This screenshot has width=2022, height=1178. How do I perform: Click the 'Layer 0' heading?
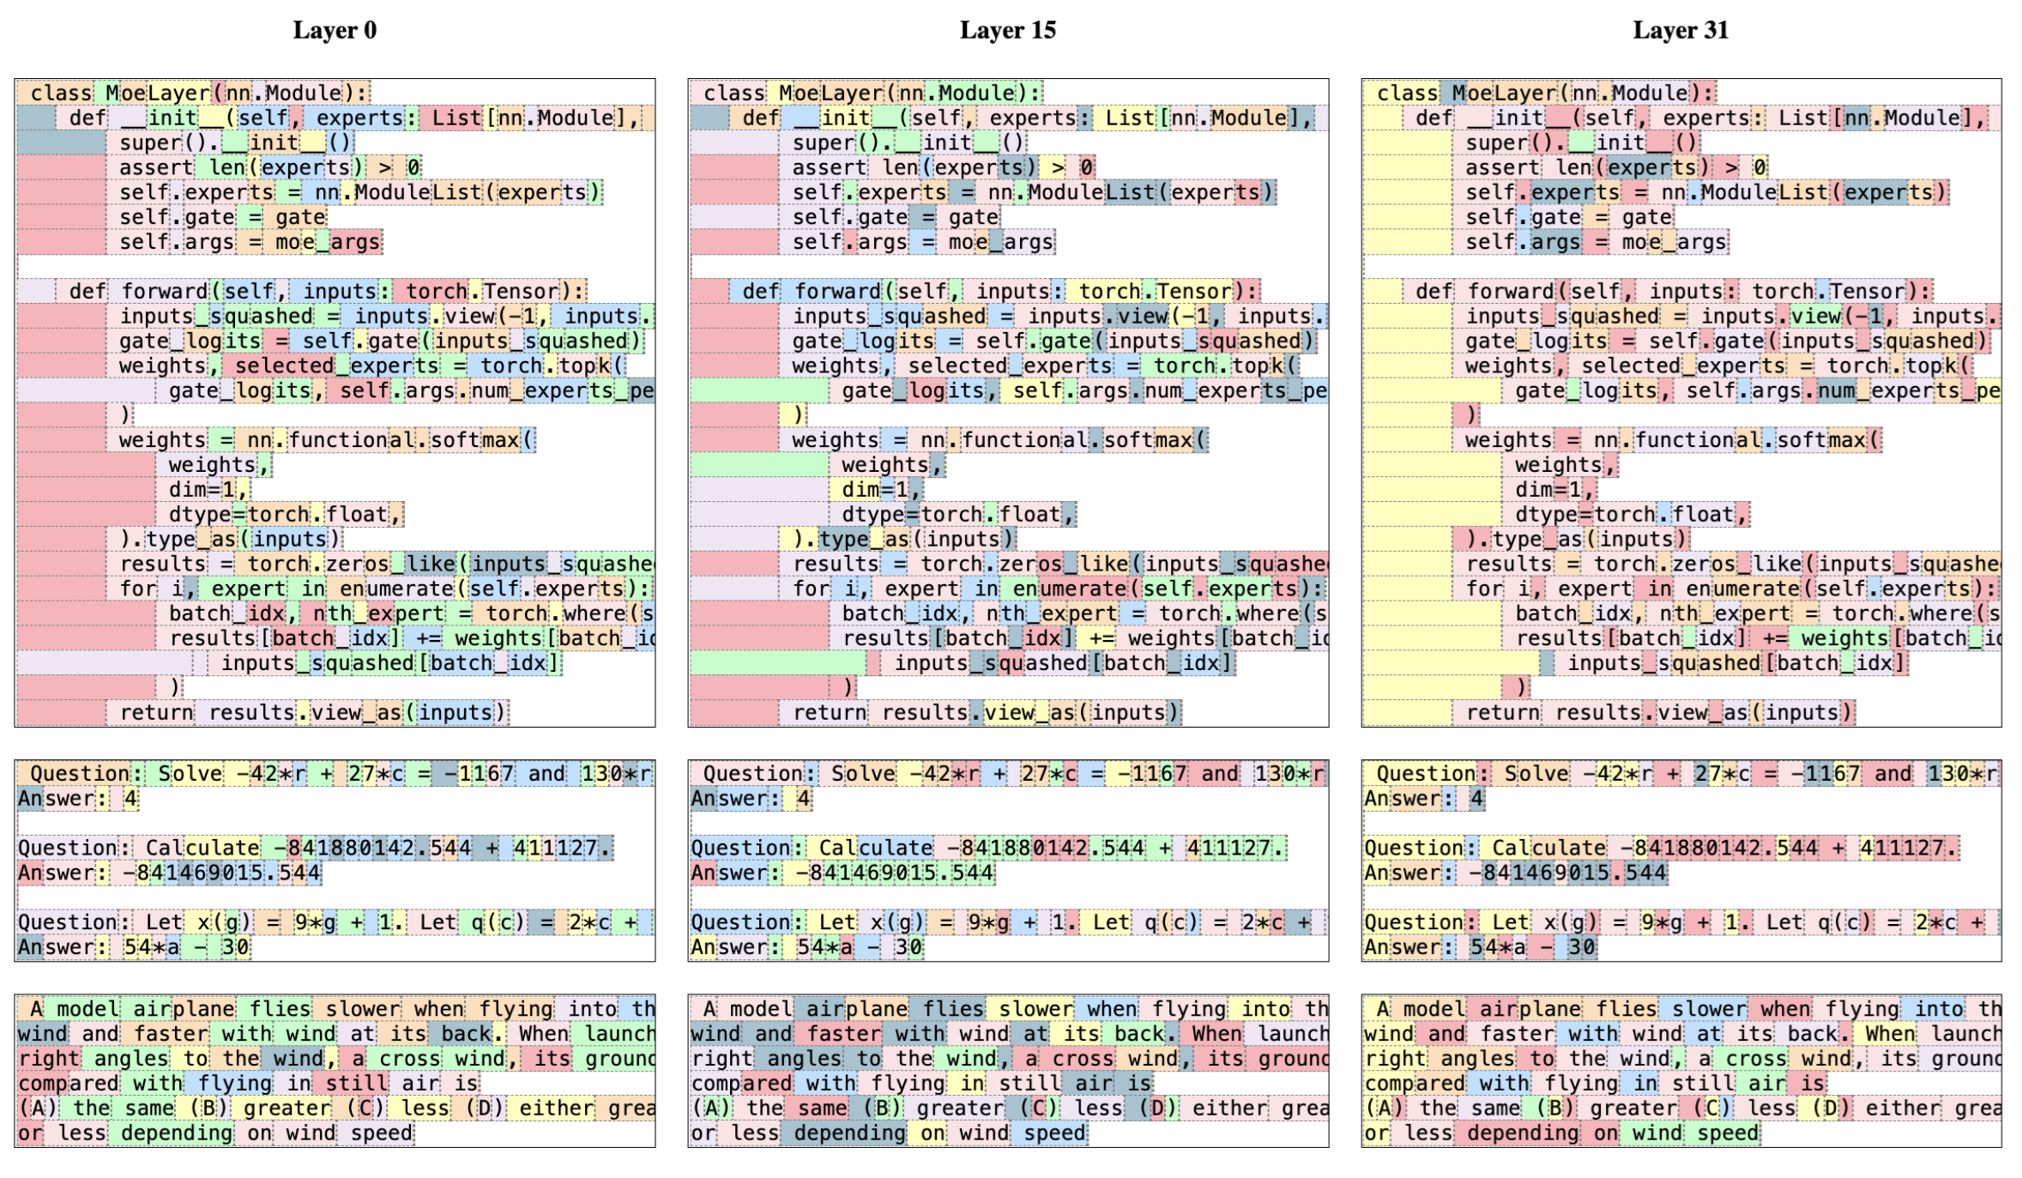pos(335,30)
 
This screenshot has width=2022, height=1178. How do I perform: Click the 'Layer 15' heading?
pos(1007,30)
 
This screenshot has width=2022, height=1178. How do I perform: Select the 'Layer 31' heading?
pos(1680,30)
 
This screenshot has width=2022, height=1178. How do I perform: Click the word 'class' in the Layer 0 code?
pos(61,93)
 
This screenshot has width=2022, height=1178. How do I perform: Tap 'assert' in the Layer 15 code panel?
pos(829,167)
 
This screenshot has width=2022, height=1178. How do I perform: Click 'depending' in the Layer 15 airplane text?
pos(849,1133)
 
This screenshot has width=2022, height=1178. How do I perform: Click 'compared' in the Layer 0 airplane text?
pos(69,1084)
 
